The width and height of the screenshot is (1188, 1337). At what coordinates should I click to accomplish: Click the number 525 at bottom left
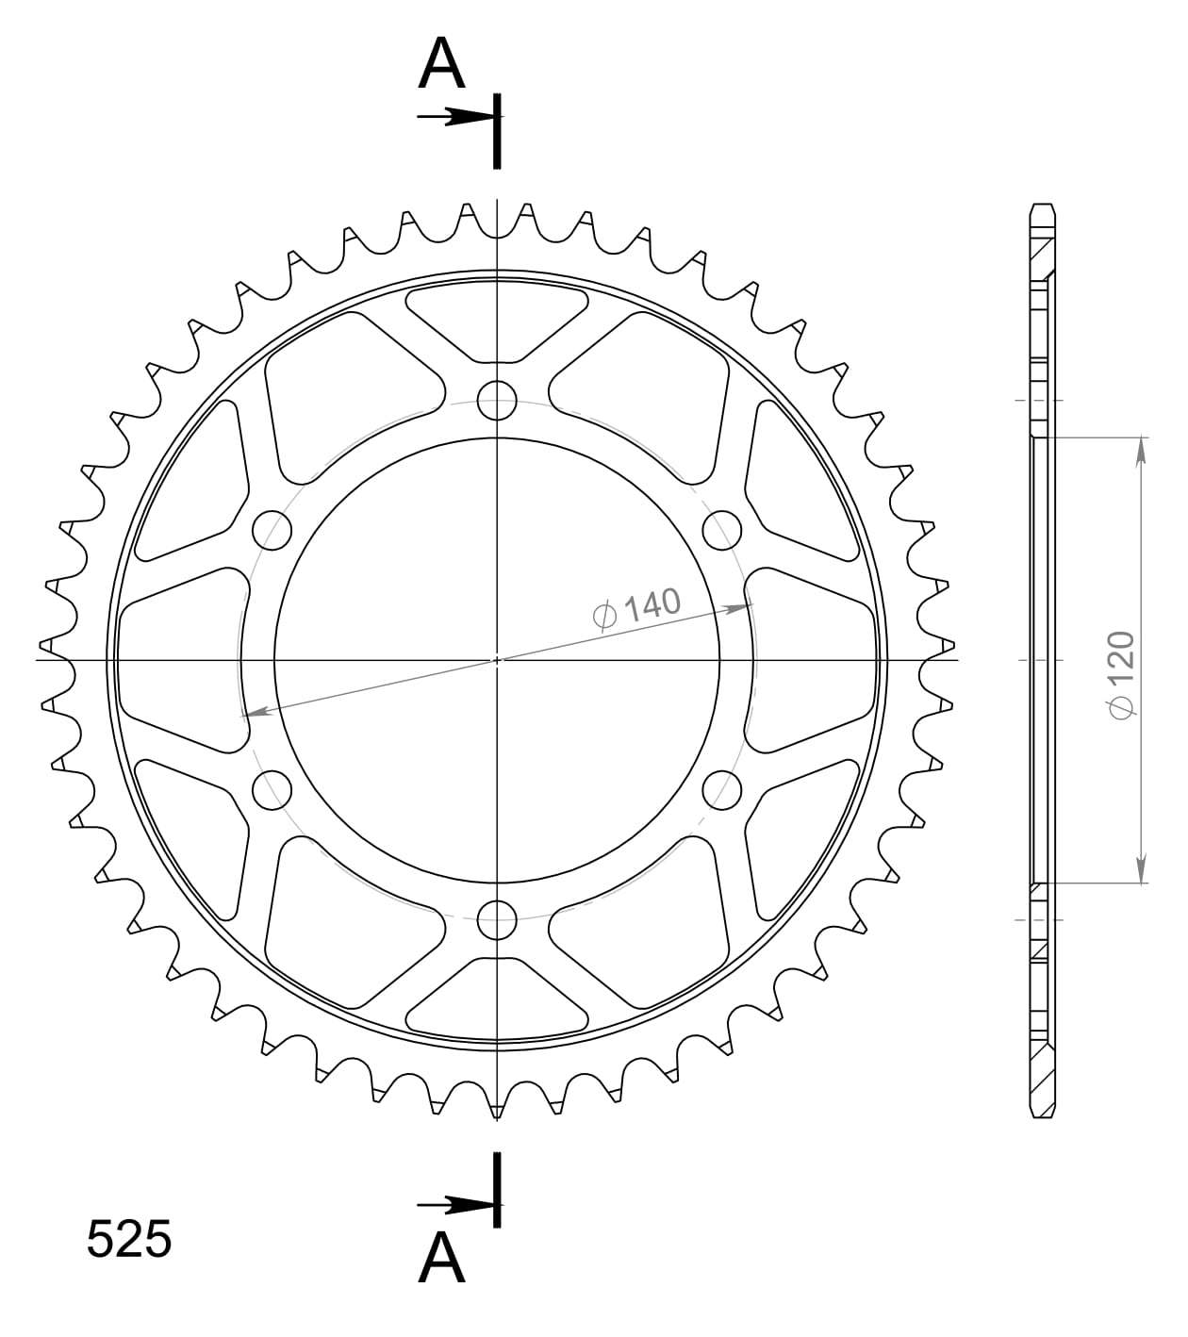[129, 1239]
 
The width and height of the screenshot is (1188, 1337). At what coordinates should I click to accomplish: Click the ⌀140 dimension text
[636, 607]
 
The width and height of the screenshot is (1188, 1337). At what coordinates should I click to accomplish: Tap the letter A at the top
[441, 66]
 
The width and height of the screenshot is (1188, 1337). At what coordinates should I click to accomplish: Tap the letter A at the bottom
[441, 1258]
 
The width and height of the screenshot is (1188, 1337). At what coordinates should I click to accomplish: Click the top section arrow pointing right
[456, 117]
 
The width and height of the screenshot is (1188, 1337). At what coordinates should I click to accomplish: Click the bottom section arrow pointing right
[456, 1205]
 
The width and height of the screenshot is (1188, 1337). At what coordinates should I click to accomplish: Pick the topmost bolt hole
[497, 401]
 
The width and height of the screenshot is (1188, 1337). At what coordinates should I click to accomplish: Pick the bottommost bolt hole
[497, 919]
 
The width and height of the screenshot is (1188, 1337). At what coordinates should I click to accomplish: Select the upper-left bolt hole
[272, 530]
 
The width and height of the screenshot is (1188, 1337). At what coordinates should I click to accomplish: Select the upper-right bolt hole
[722, 530]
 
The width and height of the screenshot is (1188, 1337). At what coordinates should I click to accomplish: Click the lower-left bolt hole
[272, 789]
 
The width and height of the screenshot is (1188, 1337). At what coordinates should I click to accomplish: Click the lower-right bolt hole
[722, 789]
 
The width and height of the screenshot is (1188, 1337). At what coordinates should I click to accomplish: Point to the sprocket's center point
[497, 660]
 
